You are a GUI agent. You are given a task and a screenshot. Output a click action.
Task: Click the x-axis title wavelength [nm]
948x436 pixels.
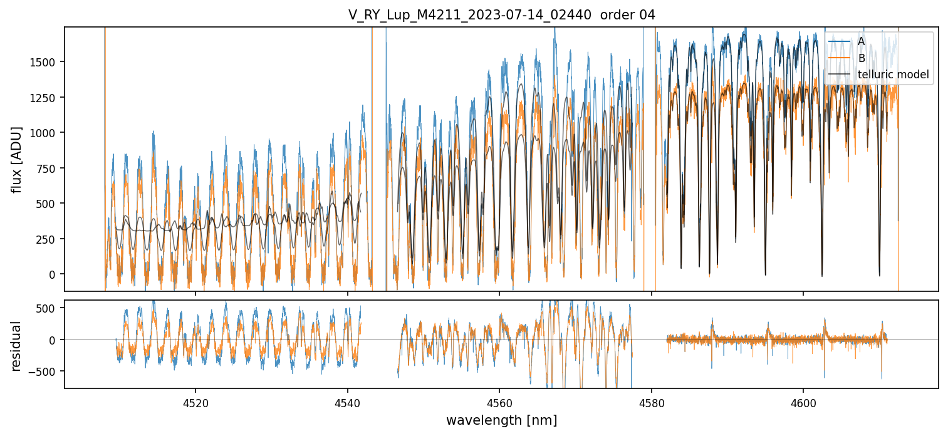tap(501, 420)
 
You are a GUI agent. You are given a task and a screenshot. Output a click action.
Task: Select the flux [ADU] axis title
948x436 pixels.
tap(16, 159)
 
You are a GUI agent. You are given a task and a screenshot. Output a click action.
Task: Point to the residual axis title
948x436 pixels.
tap(16, 345)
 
